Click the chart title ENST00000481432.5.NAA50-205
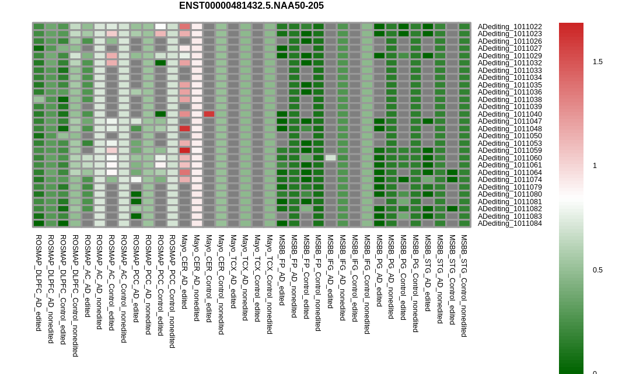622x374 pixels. pyautogui.click(x=251, y=6)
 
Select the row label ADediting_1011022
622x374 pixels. pyautogui.click(x=509, y=27)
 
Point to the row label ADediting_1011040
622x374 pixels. pyautogui.click(x=509, y=114)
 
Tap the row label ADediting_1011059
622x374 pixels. pyautogui.click(x=509, y=151)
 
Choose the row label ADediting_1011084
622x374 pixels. pyautogui.click(x=509, y=223)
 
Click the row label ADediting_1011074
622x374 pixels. pyautogui.click(x=509, y=180)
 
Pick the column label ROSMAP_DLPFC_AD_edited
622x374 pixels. pyautogui.click(x=39, y=283)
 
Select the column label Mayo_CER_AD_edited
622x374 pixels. pyautogui.click(x=184, y=272)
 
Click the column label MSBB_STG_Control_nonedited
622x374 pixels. pyautogui.click(x=463, y=285)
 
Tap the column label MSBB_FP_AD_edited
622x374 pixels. pyautogui.click(x=282, y=270)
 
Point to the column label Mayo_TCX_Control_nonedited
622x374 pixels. pyautogui.click(x=270, y=284)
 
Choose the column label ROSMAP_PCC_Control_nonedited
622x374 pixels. pyautogui.click(x=172, y=291)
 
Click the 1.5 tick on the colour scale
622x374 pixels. pyautogui.click(x=597, y=61)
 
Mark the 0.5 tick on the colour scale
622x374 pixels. pyautogui.click(x=597, y=270)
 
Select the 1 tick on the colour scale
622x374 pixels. pyautogui.click(x=595, y=166)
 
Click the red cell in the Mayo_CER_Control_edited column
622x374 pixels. pyautogui.click(x=209, y=114)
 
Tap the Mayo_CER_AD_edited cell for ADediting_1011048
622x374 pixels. pyautogui.click(x=185, y=128)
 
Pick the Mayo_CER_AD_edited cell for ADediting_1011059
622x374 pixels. pyautogui.click(x=185, y=151)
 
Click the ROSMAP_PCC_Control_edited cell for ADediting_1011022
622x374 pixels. pyautogui.click(x=160, y=27)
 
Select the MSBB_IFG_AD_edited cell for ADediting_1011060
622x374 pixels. pyautogui.click(x=330, y=158)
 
